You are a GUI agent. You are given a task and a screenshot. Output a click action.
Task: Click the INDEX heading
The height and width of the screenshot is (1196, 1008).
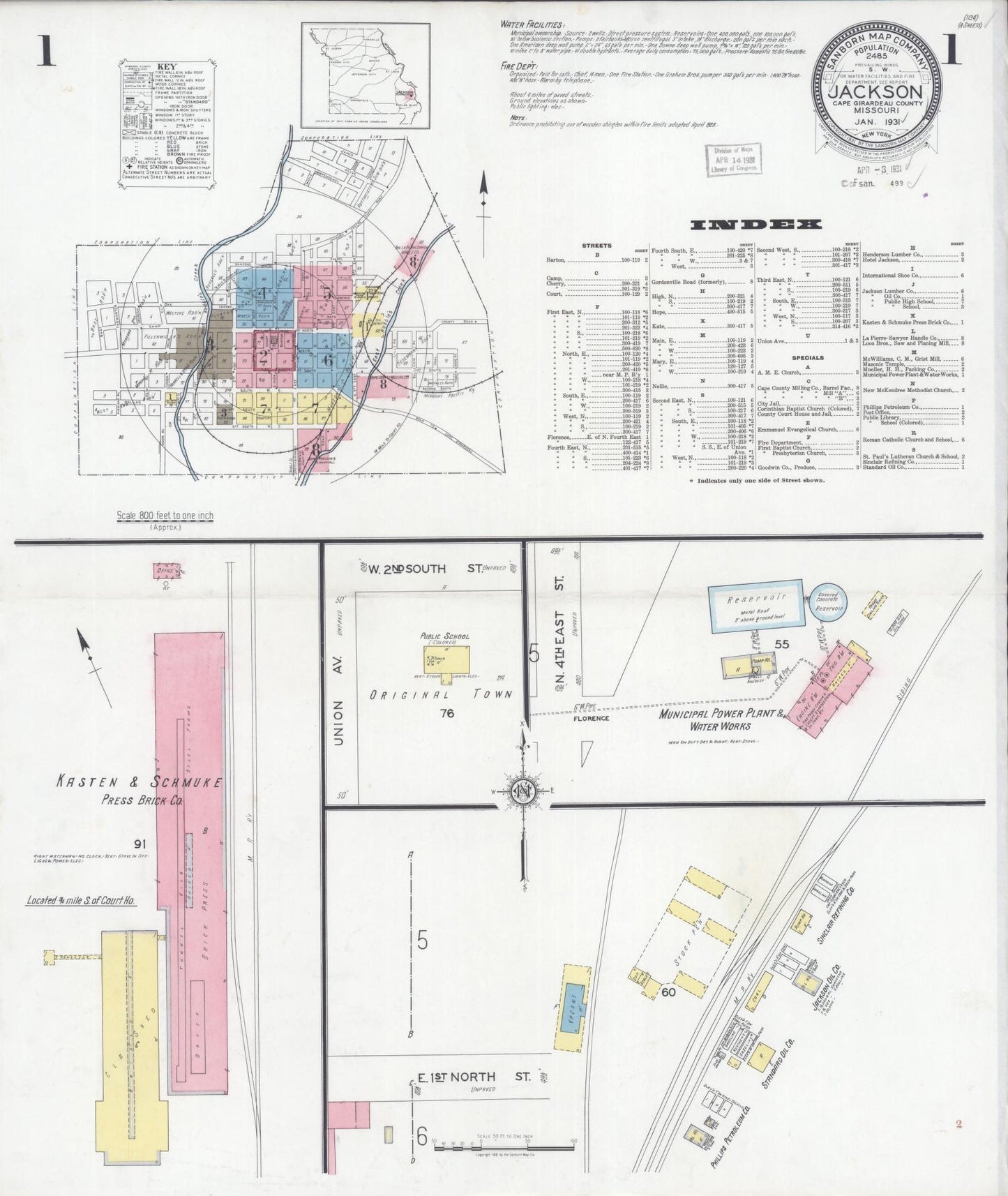point(755,225)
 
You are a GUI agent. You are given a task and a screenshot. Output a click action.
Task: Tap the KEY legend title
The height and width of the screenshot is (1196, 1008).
point(167,66)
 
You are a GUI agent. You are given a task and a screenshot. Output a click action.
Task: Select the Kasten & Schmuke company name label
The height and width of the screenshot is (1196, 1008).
point(140,782)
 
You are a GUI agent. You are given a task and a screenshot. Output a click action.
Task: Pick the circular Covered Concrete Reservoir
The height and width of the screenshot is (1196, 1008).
point(829,601)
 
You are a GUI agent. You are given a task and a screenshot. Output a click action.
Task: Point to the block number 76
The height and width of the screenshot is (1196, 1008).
point(447,712)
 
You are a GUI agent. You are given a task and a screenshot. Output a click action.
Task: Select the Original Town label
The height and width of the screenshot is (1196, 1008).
point(441,694)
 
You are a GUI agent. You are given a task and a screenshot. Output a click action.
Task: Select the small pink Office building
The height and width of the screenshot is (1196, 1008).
point(167,570)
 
